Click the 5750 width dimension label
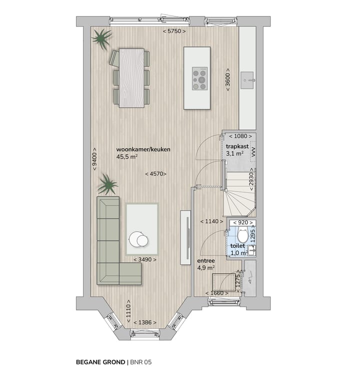coord(174,31)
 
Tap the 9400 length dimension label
coord(94,159)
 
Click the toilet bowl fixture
coord(242,235)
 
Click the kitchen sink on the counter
coord(247,78)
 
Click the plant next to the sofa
coord(107,185)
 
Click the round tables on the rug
coord(138,240)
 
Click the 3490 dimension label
coord(145,260)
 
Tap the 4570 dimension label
coord(155,174)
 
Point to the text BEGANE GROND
coord(99,360)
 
